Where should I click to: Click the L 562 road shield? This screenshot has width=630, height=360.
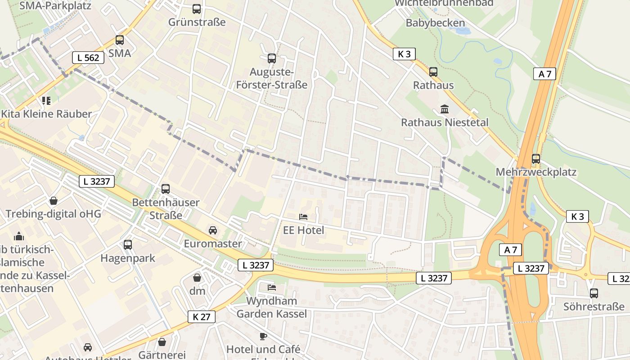(88, 57)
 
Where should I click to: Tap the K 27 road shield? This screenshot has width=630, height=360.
(201, 317)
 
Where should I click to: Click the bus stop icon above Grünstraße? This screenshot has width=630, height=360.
(197, 9)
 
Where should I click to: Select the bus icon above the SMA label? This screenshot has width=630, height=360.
(119, 40)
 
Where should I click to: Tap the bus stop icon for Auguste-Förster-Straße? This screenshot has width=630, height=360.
(271, 58)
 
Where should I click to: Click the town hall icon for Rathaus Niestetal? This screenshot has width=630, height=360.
(445, 109)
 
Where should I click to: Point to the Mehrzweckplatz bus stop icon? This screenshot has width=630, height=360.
(535, 158)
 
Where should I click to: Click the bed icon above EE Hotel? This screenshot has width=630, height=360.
(303, 217)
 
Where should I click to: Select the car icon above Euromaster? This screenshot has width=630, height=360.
(213, 230)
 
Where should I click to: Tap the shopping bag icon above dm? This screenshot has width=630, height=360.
(197, 277)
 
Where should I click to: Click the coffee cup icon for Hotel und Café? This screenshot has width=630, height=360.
(263, 336)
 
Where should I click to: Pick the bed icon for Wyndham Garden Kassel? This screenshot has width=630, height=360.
(272, 287)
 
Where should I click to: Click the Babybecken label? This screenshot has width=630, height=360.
(435, 23)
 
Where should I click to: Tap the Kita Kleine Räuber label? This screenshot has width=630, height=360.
(46, 114)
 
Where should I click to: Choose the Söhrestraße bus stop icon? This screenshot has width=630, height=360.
(594, 293)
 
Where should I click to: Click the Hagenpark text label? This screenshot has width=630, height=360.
(127, 258)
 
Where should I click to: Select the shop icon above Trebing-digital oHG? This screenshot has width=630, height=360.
(54, 200)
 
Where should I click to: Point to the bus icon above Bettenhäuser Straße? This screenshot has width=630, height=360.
(166, 189)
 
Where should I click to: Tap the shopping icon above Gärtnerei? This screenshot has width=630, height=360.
(162, 342)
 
